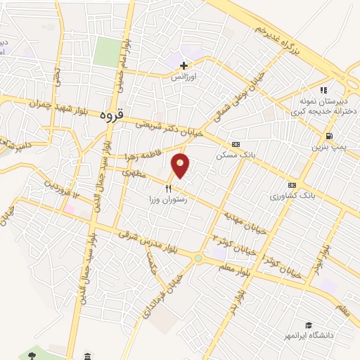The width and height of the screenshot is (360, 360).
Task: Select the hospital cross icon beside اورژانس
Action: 184,65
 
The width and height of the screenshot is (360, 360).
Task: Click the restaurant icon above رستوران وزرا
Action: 168,188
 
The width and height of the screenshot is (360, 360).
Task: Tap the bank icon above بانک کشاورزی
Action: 292,185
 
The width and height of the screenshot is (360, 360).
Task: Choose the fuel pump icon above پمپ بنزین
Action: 328,136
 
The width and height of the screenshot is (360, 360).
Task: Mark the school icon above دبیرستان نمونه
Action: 323,90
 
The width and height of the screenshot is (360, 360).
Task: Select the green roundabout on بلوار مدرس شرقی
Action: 198,258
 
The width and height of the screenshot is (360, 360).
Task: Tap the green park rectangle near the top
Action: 108,53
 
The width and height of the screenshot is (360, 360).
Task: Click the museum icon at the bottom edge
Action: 87,355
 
